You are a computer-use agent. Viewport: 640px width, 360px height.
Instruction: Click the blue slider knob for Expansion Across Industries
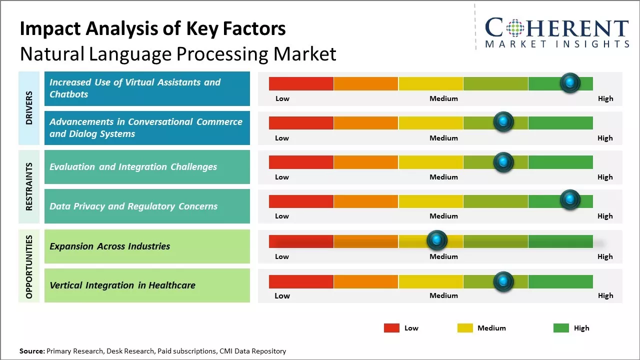pos(437,240)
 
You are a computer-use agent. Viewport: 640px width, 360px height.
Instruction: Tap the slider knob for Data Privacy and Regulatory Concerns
pos(570,200)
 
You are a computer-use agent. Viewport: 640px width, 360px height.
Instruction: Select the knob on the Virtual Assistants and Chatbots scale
pos(570,82)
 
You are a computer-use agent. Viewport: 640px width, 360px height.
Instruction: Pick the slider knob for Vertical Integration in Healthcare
pos(503,281)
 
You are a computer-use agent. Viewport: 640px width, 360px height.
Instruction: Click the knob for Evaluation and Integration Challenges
pos(503,162)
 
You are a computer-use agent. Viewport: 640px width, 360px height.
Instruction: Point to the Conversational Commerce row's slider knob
pos(503,121)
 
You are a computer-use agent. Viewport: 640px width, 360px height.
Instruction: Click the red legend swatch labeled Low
pos(391,328)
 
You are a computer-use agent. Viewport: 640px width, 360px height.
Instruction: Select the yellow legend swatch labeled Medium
pos(465,328)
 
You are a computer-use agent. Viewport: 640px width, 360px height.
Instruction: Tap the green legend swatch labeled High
pos(561,328)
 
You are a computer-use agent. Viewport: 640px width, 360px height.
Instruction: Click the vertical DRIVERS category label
pos(29,108)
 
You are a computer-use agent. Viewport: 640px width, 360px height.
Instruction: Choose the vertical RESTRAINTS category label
pos(29,186)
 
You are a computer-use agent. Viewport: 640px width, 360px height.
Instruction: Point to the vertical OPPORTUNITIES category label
pos(29,266)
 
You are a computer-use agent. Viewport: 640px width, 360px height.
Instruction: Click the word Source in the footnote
pos(32,351)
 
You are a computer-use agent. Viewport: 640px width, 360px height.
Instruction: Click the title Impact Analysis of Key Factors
pos(152,28)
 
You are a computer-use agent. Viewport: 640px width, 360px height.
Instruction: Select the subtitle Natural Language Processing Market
pos(178,54)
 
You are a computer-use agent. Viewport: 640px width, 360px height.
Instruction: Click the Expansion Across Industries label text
pos(110,246)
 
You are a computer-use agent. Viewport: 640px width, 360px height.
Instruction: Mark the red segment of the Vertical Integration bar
pos(301,281)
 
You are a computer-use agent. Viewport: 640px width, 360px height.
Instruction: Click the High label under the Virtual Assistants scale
pos(605,98)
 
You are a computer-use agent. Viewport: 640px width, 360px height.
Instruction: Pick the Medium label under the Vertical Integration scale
pos(443,295)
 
